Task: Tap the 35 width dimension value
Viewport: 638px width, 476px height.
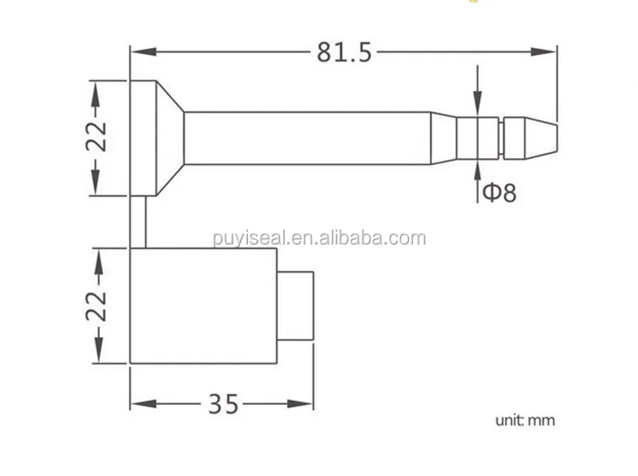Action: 223,404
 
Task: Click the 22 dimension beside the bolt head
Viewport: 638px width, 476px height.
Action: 96,137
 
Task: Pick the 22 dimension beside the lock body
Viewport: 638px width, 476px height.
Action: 96,305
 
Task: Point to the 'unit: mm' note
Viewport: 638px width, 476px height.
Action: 524,420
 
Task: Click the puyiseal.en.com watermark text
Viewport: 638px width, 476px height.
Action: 319,238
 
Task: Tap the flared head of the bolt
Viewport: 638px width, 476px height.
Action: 156,137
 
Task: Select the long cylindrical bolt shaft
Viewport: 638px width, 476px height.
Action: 307,138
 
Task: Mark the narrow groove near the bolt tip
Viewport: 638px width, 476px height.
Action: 502,138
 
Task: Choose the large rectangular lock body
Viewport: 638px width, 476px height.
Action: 203,305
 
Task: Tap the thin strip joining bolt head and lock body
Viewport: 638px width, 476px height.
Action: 137,222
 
